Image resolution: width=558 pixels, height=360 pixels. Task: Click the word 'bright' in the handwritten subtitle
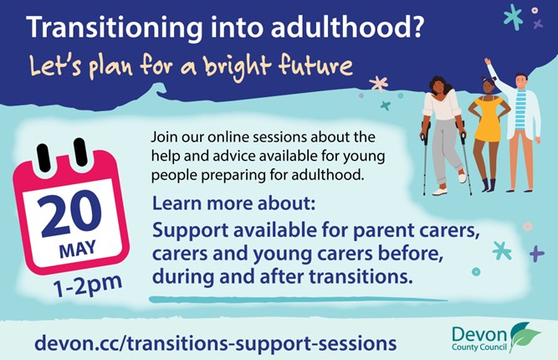[x=237, y=67]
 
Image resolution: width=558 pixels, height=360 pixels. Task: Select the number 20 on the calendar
[x=71, y=214]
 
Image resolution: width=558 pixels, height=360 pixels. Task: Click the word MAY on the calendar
[x=78, y=249]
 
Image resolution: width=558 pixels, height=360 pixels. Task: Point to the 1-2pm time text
[x=88, y=286]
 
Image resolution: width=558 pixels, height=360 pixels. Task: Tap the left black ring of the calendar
[x=44, y=157]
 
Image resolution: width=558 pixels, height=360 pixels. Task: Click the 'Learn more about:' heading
[x=233, y=203]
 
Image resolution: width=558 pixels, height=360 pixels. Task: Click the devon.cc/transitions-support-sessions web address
[x=215, y=343]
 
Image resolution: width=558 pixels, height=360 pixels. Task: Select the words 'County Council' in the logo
[x=479, y=347]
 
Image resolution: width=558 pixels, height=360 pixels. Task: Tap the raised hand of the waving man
[x=487, y=62]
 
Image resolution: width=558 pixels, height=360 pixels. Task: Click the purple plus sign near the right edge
[x=536, y=254]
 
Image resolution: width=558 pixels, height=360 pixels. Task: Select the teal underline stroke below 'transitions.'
[x=298, y=300]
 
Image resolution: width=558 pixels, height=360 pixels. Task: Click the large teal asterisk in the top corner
[x=513, y=17]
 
